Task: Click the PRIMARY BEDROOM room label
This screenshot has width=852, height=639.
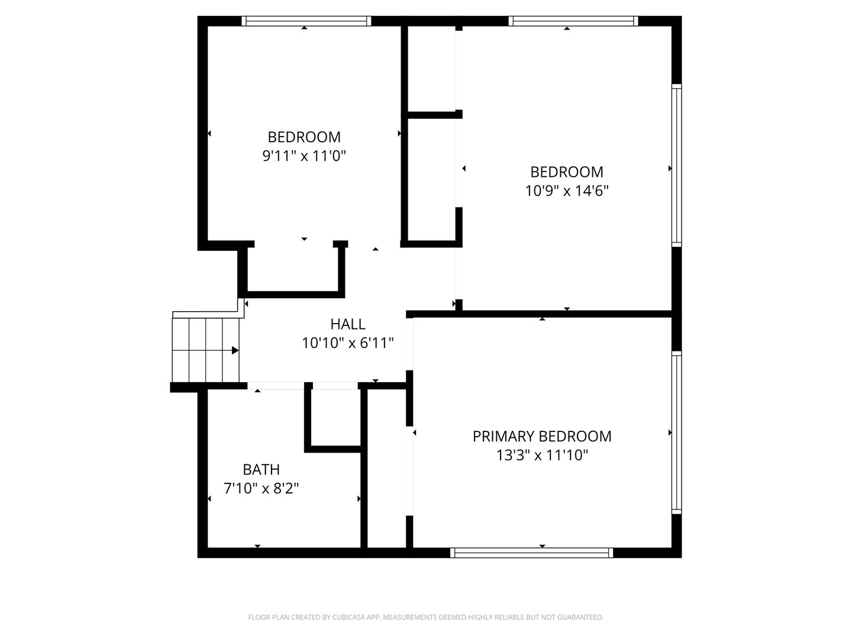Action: (541, 437)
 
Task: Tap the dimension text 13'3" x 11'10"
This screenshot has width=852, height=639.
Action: (541, 456)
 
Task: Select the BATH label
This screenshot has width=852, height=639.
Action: (261, 470)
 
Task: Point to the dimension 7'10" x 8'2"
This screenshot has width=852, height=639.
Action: (261, 489)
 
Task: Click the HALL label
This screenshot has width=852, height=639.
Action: (347, 324)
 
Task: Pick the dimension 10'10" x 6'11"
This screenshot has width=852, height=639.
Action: (347, 343)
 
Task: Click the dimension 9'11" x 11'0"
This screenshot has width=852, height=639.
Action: (304, 156)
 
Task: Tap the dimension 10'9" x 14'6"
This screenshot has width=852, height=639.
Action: (567, 191)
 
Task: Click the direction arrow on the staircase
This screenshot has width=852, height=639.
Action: (234, 350)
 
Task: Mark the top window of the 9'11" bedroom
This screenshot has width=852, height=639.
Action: (306, 21)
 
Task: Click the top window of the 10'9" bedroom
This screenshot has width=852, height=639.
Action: (573, 21)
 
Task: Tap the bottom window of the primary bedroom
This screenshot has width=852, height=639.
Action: (531, 553)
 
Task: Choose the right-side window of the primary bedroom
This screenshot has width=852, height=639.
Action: (676, 432)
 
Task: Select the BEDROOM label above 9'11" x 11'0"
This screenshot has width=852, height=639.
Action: (304, 137)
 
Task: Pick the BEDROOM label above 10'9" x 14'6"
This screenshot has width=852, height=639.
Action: (567, 172)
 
